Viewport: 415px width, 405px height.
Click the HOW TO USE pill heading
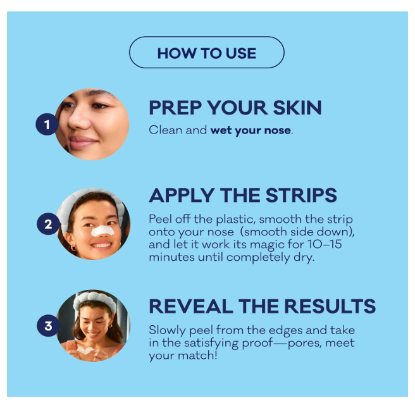(207, 53)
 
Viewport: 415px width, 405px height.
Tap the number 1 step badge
(47, 125)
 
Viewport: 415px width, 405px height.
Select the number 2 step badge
(48, 224)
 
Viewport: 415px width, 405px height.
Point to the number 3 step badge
(48, 325)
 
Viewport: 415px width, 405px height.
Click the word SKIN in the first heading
(297, 108)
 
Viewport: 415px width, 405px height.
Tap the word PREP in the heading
(175, 108)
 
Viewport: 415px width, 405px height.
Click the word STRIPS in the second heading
(301, 195)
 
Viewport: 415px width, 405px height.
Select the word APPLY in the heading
(182, 195)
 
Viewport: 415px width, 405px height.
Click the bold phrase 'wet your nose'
(251, 130)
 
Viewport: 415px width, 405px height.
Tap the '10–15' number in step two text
(325, 244)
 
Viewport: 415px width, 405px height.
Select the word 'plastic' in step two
(235, 220)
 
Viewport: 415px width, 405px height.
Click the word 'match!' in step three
(197, 355)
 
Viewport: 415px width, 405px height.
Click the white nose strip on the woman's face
(102, 231)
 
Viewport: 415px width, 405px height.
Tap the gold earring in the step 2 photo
(73, 248)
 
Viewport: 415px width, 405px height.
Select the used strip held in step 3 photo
(85, 351)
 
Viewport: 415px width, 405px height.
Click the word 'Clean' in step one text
(164, 130)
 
